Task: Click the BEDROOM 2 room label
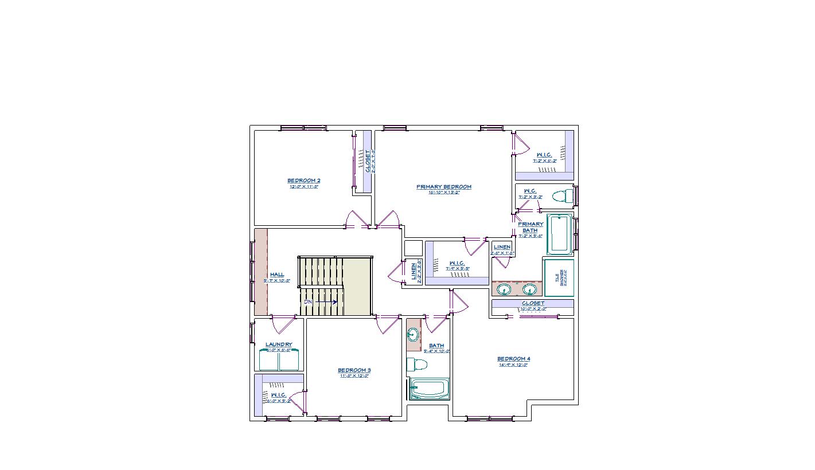[304, 181]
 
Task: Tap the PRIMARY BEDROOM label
[443, 187]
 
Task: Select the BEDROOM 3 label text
[354, 370]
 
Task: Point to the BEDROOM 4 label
[513, 359]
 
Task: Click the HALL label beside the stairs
[277, 275]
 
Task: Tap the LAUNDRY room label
[279, 344]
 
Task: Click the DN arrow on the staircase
[321, 302]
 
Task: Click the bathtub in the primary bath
[560, 234]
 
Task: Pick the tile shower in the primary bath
[559, 278]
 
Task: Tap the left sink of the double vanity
[504, 289]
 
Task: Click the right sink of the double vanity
[529, 289]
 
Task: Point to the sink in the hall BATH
[413, 335]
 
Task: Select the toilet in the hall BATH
[417, 364]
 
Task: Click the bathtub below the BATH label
[429, 389]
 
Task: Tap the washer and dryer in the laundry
[279, 361]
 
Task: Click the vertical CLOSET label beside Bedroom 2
[368, 161]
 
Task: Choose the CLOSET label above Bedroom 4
[533, 303]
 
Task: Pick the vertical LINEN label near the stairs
[414, 272]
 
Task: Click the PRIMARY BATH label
[531, 227]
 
